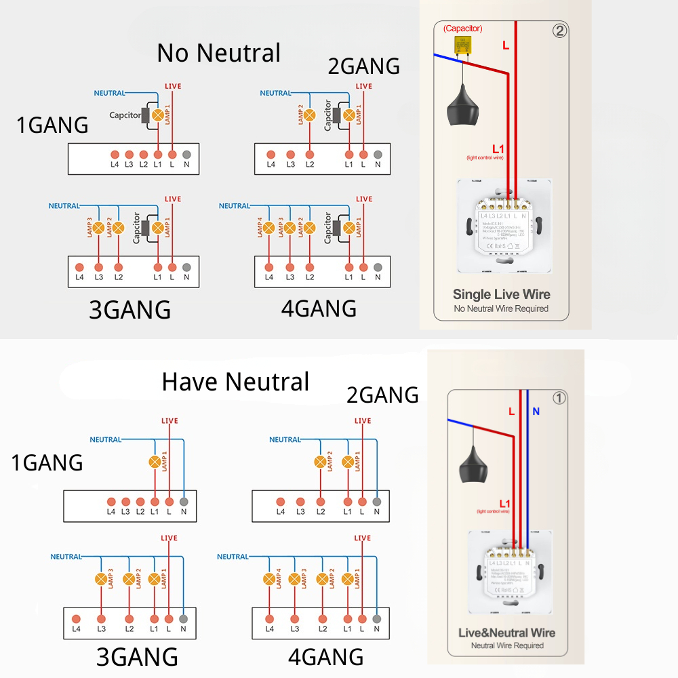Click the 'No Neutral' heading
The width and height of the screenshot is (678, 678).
[218, 53]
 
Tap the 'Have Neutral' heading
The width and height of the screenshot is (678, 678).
[235, 382]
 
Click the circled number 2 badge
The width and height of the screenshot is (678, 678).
[559, 31]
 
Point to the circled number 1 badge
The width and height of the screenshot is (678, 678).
[559, 398]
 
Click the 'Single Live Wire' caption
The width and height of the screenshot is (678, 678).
[501, 294]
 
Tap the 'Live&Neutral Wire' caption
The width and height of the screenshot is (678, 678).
[506, 633]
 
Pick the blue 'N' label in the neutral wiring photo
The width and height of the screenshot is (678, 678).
[536, 412]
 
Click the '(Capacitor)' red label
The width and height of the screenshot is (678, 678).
[463, 28]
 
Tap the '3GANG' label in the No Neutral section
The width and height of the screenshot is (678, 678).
[129, 310]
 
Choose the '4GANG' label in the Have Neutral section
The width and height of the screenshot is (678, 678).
[325, 656]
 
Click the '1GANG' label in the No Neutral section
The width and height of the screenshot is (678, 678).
[53, 125]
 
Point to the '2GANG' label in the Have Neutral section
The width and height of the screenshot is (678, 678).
[382, 395]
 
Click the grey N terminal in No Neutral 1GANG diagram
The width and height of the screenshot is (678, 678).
[186, 154]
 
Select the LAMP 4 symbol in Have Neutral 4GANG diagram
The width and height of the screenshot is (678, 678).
[269, 579]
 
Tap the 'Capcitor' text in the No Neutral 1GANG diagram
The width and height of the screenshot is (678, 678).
[125, 115]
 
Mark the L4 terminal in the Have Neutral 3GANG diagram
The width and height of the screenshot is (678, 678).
[77, 618]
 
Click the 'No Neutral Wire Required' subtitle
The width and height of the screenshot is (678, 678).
[501, 309]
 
